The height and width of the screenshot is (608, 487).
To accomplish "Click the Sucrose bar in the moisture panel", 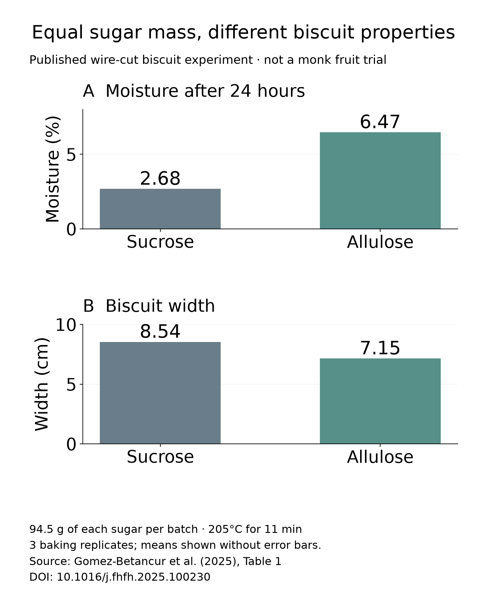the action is click(160, 209).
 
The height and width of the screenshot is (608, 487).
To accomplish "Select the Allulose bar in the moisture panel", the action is click(380, 180).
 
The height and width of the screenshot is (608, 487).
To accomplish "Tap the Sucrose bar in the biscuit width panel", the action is click(160, 393).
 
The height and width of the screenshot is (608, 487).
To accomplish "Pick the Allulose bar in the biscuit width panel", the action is click(380, 401).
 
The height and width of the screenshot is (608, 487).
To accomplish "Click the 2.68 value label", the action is click(160, 178).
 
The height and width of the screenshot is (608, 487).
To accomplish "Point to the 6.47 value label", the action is click(380, 122).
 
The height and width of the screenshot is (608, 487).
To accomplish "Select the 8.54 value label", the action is click(160, 331).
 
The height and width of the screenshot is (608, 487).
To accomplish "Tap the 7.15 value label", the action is click(380, 348).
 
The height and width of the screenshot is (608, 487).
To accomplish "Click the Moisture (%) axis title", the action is click(53, 169).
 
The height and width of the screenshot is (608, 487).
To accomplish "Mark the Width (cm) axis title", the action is click(42, 384).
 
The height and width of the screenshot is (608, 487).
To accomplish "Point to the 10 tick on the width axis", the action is click(66, 325).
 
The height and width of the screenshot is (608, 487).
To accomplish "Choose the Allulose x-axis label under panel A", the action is click(380, 242).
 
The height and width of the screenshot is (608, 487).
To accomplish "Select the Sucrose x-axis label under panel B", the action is click(160, 457).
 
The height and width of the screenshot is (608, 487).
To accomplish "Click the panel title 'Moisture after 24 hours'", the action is click(205, 91).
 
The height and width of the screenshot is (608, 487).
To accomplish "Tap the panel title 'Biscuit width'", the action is click(160, 306).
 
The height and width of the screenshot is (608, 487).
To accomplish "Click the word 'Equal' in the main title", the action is click(57, 33).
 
